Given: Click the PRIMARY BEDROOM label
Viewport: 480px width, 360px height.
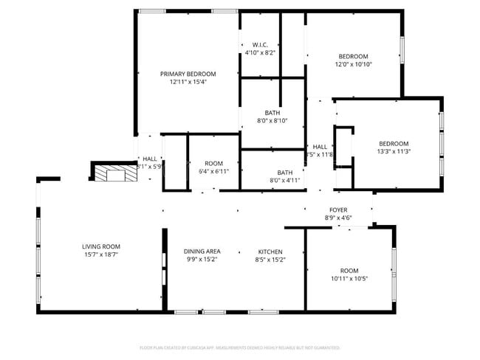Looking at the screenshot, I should pyautogui.click(x=188, y=74).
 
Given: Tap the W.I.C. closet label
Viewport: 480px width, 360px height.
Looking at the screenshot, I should pyautogui.click(x=259, y=45).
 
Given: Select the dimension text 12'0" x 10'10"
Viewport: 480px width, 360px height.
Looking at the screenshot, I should pyautogui.click(x=354, y=64).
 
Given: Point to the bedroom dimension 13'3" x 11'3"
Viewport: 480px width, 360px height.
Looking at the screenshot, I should pyautogui.click(x=394, y=151).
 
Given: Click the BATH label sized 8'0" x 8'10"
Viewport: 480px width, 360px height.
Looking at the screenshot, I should pyautogui.click(x=272, y=113).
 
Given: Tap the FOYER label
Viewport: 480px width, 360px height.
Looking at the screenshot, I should pyautogui.click(x=338, y=210).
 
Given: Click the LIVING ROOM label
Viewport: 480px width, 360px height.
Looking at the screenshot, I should pyautogui.click(x=100, y=246).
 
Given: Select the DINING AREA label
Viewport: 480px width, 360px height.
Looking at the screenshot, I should pyautogui.click(x=202, y=252).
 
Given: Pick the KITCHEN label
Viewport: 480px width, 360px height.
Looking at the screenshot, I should pyautogui.click(x=270, y=252).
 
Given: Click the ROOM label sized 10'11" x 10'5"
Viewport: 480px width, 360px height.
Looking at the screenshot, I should pyautogui.click(x=349, y=270).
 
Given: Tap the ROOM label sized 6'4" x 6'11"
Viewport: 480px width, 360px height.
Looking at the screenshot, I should pyautogui.click(x=213, y=163).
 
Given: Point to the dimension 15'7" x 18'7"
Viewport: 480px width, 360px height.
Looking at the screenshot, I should pyautogui.click(x=100, y=255).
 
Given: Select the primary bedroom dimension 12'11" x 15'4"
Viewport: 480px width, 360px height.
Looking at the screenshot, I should pyautogui.click(x=188, y=82).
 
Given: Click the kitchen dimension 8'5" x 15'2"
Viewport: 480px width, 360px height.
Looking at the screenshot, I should pyautogui.click(x=270, y=260).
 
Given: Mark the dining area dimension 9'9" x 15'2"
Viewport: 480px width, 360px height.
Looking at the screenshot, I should pyautogui.click(x=202, y=260).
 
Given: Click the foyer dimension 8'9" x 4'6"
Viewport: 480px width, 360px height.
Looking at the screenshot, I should pyautogui.click(x=338, y=218).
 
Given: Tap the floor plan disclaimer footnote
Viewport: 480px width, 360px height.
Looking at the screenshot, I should pyautogui.click(x=240, y=347).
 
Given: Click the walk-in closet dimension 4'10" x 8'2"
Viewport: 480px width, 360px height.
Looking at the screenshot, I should pyautogui.click(x=259, y=53).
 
